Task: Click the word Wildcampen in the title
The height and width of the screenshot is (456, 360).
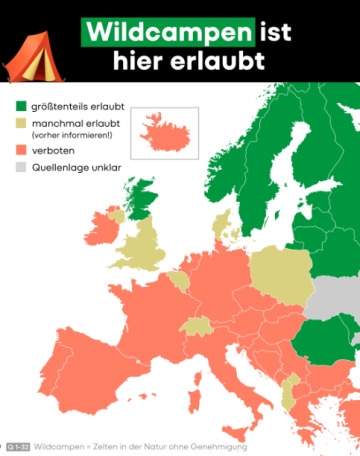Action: click(x=167, y=32)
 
